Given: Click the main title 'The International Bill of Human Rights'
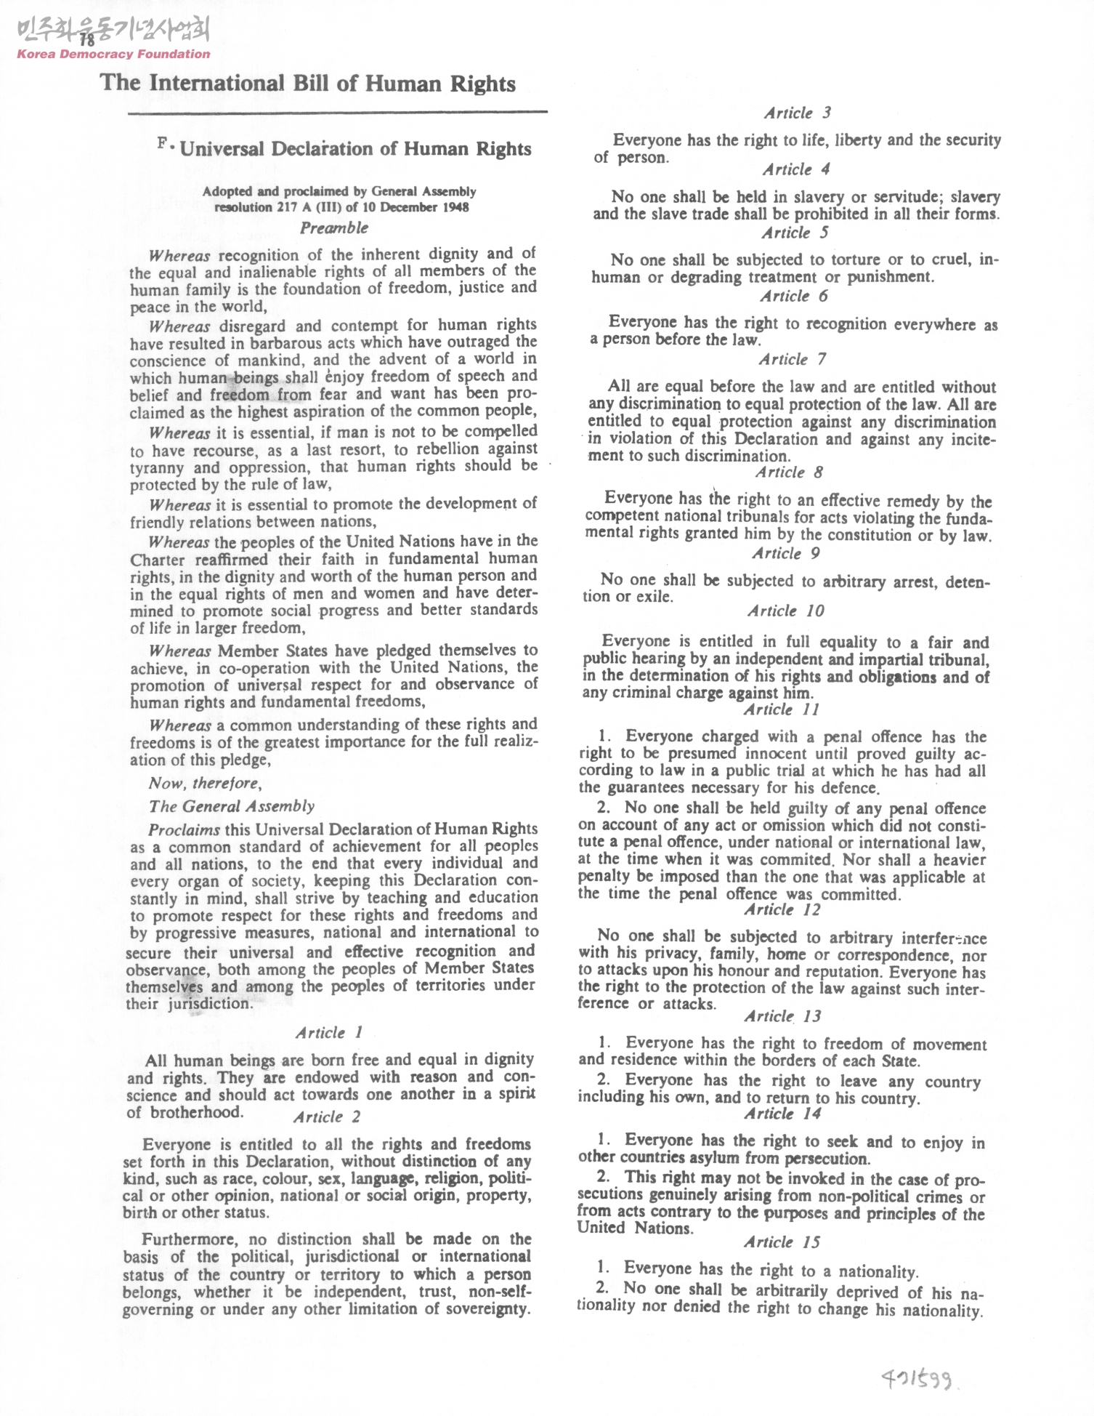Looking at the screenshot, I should point(308,84).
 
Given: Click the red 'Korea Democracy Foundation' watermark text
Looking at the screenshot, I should point(113,54).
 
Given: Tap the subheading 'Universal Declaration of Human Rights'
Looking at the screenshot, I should point(355,149).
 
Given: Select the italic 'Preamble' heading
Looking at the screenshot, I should point(334,228).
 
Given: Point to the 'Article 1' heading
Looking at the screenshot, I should point(328,1032).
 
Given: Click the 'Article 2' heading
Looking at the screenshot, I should point(327,1117).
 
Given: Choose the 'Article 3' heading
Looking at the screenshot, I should point(797,113).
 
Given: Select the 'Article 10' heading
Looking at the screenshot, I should point(786,611).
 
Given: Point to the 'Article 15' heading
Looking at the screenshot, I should point(782,1242).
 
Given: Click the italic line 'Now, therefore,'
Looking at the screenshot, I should point(205,783).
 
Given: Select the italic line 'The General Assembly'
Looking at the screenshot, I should point(232,806).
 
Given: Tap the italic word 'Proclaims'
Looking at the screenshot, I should point(184,829).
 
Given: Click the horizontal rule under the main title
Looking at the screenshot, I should point(337,113).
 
